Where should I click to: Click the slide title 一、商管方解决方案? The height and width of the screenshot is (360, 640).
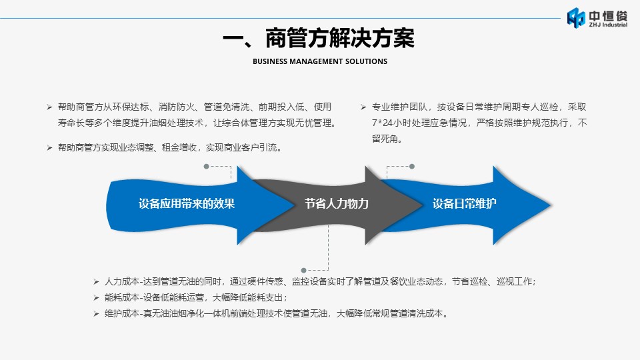319,39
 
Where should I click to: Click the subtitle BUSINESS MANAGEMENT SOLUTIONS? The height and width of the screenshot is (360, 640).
320,61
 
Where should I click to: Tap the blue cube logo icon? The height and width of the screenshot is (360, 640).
576,18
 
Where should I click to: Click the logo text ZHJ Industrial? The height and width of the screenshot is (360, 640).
608,25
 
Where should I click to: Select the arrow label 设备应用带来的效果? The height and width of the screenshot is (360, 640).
187,204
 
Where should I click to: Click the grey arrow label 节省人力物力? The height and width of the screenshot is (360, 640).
337,204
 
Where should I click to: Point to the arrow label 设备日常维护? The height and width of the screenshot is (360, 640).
465,204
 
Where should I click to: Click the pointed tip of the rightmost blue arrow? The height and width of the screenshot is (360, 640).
551,205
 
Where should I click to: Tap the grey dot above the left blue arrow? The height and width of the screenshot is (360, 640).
206,167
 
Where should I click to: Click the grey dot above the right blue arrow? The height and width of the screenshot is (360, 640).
412,167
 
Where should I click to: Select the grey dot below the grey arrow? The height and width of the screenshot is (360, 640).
303,270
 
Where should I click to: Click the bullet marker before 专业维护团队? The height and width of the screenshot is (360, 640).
363,107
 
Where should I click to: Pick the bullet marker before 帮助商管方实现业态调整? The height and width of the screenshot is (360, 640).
49,148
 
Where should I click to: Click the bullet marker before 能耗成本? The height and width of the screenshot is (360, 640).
96,298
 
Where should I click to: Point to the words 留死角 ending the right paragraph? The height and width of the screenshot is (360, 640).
385,139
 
